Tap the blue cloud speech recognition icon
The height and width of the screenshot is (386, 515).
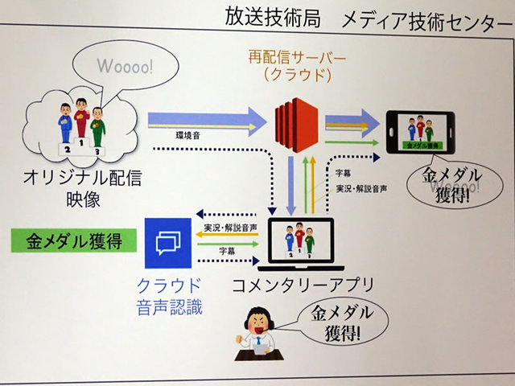169,242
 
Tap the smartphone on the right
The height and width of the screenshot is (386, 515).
422,132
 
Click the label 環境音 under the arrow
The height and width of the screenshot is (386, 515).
189,137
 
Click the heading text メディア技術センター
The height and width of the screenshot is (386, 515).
418,22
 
